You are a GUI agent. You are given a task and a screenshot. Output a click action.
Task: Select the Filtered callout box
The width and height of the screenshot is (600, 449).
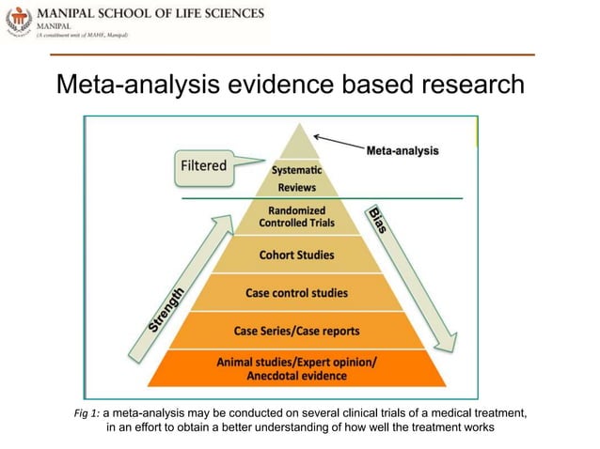(203, 166)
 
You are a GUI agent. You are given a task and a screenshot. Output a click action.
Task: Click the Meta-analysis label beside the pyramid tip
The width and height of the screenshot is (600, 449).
(402, 150)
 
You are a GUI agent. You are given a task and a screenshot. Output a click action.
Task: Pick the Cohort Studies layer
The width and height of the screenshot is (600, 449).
(296, 254)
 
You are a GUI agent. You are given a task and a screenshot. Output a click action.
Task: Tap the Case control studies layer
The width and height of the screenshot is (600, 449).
(296, 293)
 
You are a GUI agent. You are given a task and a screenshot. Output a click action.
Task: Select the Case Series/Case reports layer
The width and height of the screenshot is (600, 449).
(296, 331)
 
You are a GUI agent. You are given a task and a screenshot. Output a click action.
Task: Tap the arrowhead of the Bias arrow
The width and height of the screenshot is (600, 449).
(445, 340)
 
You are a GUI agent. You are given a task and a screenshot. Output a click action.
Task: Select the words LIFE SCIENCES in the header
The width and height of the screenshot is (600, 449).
(215, 15)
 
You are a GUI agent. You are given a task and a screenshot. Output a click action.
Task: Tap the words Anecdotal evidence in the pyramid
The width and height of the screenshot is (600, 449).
(295, 377)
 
